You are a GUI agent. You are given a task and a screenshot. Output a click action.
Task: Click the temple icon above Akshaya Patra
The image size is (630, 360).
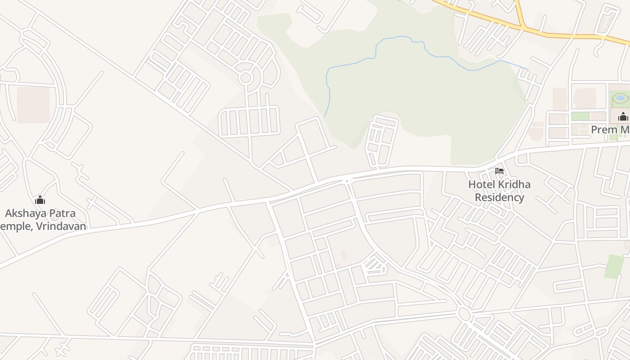tap(40, 200)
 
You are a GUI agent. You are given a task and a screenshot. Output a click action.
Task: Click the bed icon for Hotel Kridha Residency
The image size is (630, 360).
tap(499, 171)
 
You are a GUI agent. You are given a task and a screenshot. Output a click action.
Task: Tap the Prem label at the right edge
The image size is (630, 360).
tap(603, 130)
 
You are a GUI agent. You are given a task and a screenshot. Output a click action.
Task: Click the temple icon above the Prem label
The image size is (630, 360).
tap(623, 117)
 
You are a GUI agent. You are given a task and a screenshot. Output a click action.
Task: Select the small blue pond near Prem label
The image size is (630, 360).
tap(620, 98)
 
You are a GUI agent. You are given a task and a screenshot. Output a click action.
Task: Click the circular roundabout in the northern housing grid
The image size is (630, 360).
tap(245, 78)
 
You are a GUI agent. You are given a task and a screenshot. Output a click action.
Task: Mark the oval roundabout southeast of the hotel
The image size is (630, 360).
tap(464, 313)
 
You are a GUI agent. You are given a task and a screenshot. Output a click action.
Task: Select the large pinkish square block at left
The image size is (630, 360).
tap(33, 104)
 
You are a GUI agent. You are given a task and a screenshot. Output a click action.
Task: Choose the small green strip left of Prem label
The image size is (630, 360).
tap(580, 116)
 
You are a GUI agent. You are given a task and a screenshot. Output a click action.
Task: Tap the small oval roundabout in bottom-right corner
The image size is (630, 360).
tap(601, 333)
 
